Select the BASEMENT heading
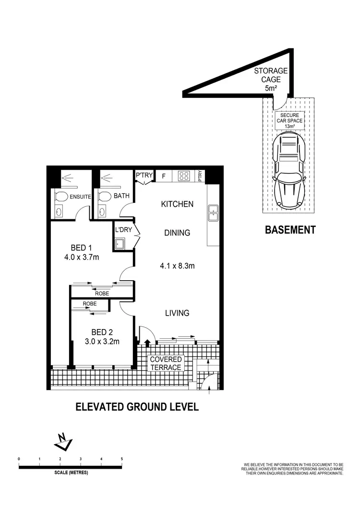[x=290, y=230]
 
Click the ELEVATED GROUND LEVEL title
[x=137, y=407]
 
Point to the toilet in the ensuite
[x=61, y=197]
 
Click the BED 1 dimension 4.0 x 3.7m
[x=81, y=257]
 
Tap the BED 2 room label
[x=102, y=331]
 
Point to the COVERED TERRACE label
[x=166, y=363]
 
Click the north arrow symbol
[x=62, y=442]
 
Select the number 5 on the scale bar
[x=122, y=459]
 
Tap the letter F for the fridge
[x=164, y=176]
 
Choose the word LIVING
[x=177, y=313]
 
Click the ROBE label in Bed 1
[x=102, y=293]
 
